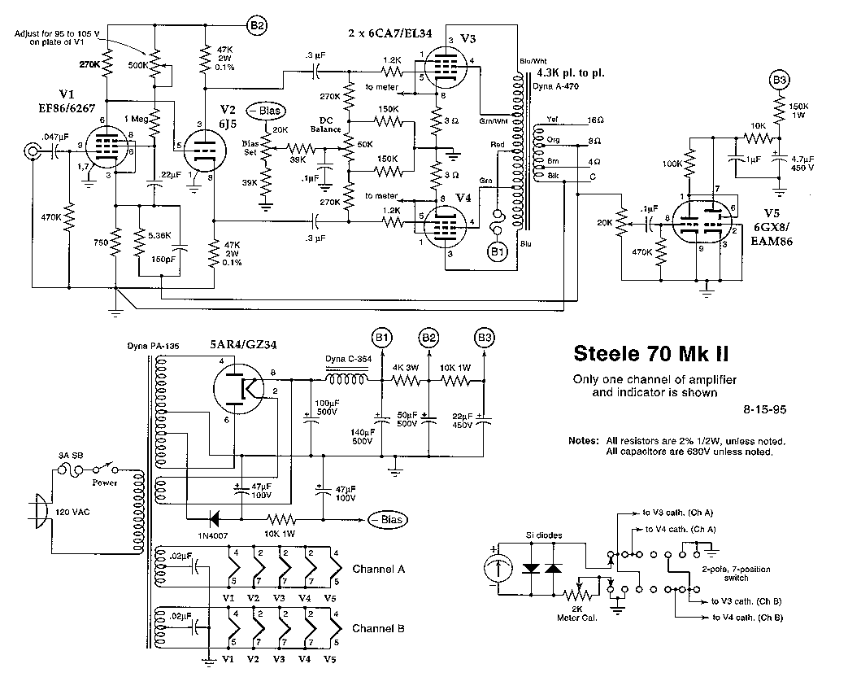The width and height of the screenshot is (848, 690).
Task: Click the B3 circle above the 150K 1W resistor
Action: tap(779, 81)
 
